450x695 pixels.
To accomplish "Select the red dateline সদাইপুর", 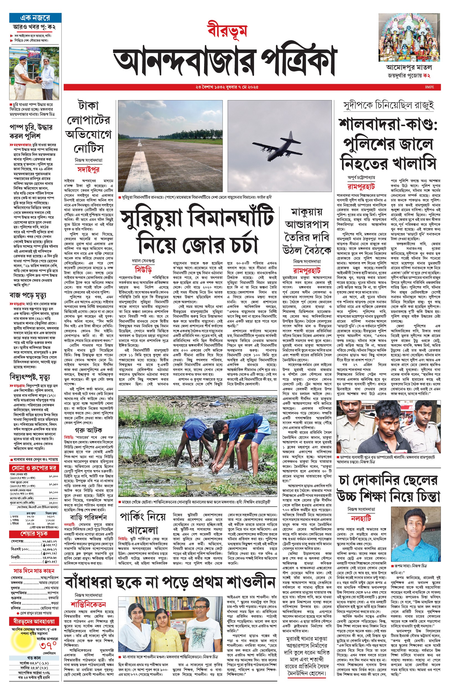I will (x=88, y=170).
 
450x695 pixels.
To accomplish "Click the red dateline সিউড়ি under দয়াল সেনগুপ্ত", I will (x=143, y=269).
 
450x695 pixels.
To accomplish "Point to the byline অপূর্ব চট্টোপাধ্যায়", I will (x=361, y=177).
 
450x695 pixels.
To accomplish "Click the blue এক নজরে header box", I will (x=35, y=18).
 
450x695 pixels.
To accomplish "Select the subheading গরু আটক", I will (x=88, y=430).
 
